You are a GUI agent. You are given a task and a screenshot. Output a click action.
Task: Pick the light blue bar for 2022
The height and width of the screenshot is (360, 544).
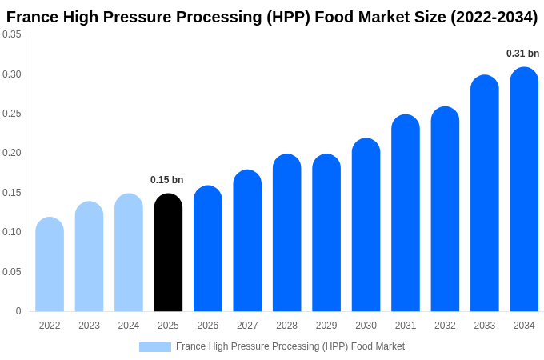pos(50,265)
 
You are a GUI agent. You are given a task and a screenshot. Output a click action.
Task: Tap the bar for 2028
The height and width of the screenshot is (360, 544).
pos(286,233)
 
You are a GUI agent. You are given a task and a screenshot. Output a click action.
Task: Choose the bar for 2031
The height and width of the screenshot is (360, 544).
pos(406,214)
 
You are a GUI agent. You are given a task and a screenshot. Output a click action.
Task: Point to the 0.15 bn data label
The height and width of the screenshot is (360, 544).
pos(167,180)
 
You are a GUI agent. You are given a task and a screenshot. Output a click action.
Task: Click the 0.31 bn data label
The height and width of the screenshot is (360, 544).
pos(522,54)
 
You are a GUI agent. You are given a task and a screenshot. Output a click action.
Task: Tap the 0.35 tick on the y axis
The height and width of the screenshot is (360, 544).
pos(12,34)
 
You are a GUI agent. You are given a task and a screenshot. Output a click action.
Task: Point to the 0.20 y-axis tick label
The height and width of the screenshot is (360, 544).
pos(12,153)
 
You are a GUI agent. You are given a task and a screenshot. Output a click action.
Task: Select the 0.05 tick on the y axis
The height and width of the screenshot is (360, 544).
pos(12,272)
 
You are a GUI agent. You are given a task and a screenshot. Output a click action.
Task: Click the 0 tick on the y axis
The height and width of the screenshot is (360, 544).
pos(18,311)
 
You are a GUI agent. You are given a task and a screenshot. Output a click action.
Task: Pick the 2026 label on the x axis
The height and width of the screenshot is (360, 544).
pos(208,326)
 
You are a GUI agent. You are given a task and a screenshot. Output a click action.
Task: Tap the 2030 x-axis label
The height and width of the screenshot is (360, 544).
pos(366,326)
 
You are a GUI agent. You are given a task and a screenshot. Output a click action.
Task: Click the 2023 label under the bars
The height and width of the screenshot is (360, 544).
pos(89,326)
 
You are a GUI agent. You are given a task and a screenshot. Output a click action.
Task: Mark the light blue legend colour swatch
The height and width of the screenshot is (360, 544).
pos(154,347)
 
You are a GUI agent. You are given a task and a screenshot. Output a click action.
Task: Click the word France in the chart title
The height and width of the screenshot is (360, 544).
pos(31,17)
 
